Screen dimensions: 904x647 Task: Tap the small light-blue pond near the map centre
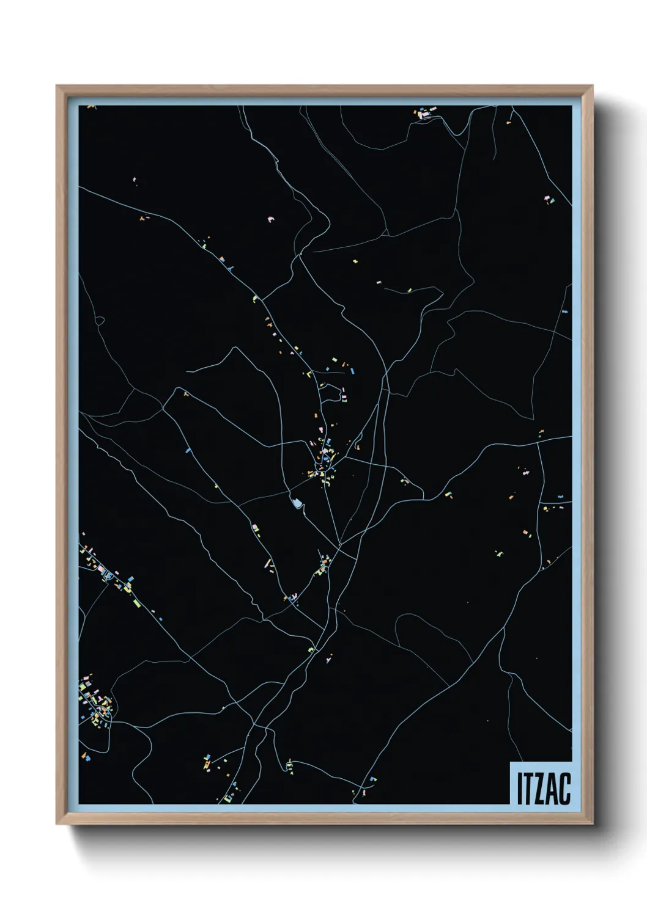click(298, 503)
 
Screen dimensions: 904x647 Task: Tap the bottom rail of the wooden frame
click(324, 820)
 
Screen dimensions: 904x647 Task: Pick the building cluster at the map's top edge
click(423, 113)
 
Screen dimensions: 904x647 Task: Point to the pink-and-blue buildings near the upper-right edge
click(549, 199)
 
